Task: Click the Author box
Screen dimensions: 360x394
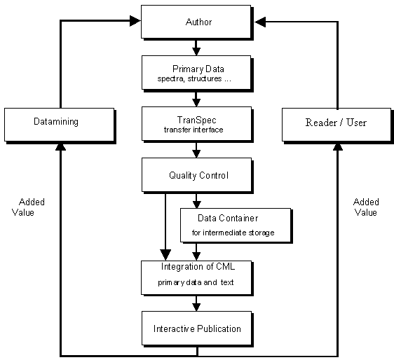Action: [197, 22]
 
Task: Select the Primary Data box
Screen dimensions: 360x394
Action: [197, 73]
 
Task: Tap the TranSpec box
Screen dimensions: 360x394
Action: [197, 123]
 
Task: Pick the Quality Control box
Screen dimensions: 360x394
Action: [197, 175]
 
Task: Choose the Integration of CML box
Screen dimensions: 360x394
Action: [197, 277]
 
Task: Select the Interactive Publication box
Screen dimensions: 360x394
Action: [197, 328]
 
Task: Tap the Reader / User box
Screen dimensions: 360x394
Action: [335, 123]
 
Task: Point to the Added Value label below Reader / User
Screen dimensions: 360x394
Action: [365, 207]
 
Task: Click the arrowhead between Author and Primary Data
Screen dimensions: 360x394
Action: [197, 51]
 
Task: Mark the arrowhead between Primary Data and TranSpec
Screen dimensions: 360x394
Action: [197, 102]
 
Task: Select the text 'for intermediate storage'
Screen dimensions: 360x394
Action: [233, 232]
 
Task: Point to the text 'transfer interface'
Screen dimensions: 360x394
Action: [196, 130]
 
